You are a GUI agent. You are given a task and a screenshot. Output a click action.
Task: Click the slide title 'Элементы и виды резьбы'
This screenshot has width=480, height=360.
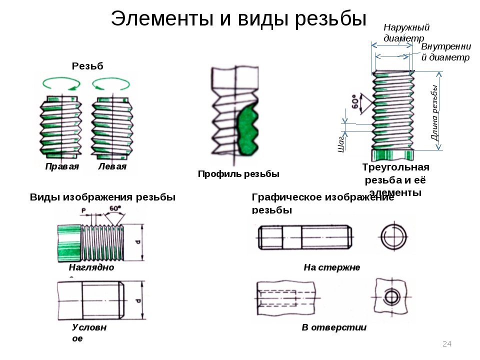pos(239,19)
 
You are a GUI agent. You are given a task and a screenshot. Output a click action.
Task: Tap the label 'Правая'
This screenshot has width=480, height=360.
pos(62,166)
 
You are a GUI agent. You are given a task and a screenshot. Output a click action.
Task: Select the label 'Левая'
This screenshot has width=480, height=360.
pos(112,166)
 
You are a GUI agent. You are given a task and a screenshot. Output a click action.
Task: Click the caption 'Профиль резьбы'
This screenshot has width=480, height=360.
pos(238,174)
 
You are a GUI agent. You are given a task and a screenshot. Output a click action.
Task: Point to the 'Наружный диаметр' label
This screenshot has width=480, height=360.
pos(406,32)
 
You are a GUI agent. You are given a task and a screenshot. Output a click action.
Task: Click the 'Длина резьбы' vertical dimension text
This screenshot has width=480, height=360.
pos(435,112)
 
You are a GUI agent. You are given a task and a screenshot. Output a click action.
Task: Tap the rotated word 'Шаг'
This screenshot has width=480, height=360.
pos(341,143)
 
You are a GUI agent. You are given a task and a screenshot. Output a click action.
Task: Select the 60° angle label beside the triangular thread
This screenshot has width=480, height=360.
pos(355,102)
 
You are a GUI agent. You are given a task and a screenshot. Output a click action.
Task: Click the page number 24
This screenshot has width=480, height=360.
pos(447,343)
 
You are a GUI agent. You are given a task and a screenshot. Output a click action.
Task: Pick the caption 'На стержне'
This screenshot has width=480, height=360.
pos(331,267)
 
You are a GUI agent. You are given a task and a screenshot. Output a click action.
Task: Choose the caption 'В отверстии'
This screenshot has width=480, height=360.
pos(334,327)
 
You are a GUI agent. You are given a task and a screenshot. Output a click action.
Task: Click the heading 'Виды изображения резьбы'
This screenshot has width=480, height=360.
pos(102,197)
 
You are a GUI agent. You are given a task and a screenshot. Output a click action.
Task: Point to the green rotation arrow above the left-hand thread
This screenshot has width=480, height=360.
pos(112,82)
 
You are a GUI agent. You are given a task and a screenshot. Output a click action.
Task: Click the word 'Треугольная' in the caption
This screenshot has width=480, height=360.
pos(395,167)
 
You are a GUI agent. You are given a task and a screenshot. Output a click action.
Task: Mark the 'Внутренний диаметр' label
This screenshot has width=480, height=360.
pos(445,52)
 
